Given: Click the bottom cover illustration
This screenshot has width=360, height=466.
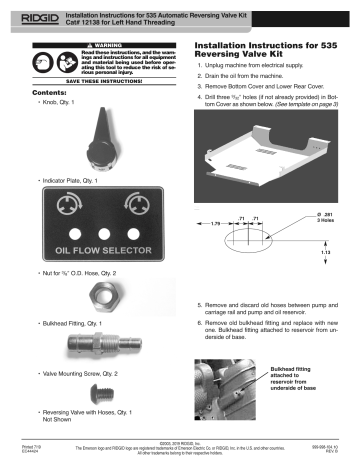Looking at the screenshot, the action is [261, 151].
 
